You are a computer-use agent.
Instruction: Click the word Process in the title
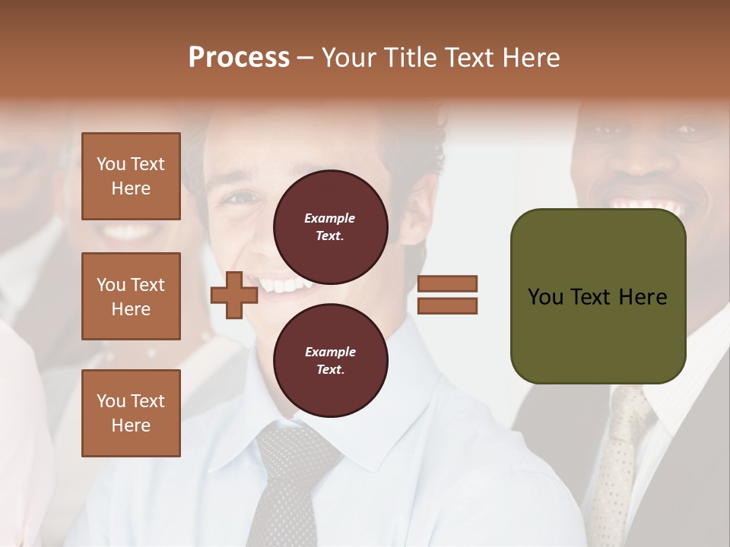tap(239, 57)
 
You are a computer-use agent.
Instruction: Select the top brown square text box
tap(131, 176)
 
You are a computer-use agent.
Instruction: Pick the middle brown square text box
tap(131, 296)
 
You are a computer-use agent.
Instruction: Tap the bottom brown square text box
tap(131, 413)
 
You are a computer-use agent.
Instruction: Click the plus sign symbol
tap(233, 295)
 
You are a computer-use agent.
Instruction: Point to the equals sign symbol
tap(447, 295)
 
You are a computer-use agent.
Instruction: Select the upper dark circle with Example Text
tap(330, 226)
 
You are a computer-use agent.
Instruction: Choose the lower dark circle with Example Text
tap(330, 361)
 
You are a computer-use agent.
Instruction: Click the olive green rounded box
tap(598, 296)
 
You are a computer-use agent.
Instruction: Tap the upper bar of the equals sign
tap(447, 284)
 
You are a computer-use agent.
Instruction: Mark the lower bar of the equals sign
tap(447, 305)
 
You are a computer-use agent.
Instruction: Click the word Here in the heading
tap(529, 58)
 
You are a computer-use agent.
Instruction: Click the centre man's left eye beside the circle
tap(240, 199)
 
